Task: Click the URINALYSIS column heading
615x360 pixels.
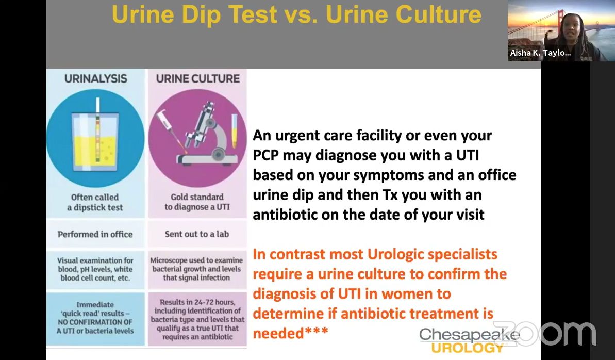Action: (96, 78)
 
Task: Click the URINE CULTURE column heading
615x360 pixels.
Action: (197, 78)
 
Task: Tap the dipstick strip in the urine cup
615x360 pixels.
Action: (97, 134)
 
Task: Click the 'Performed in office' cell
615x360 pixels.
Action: (95, 234)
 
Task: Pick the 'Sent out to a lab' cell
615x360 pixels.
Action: (197, 234)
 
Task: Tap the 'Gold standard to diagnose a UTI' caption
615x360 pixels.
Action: (197, 202)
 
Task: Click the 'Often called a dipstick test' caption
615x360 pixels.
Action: (95, 202)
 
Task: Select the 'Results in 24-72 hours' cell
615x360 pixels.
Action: (197, 320)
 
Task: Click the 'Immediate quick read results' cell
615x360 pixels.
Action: (95, 318)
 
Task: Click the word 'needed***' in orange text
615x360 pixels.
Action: (290, 333)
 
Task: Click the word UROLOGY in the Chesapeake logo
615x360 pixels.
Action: (467, 348)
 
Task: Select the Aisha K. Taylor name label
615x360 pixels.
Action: (540, 53)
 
